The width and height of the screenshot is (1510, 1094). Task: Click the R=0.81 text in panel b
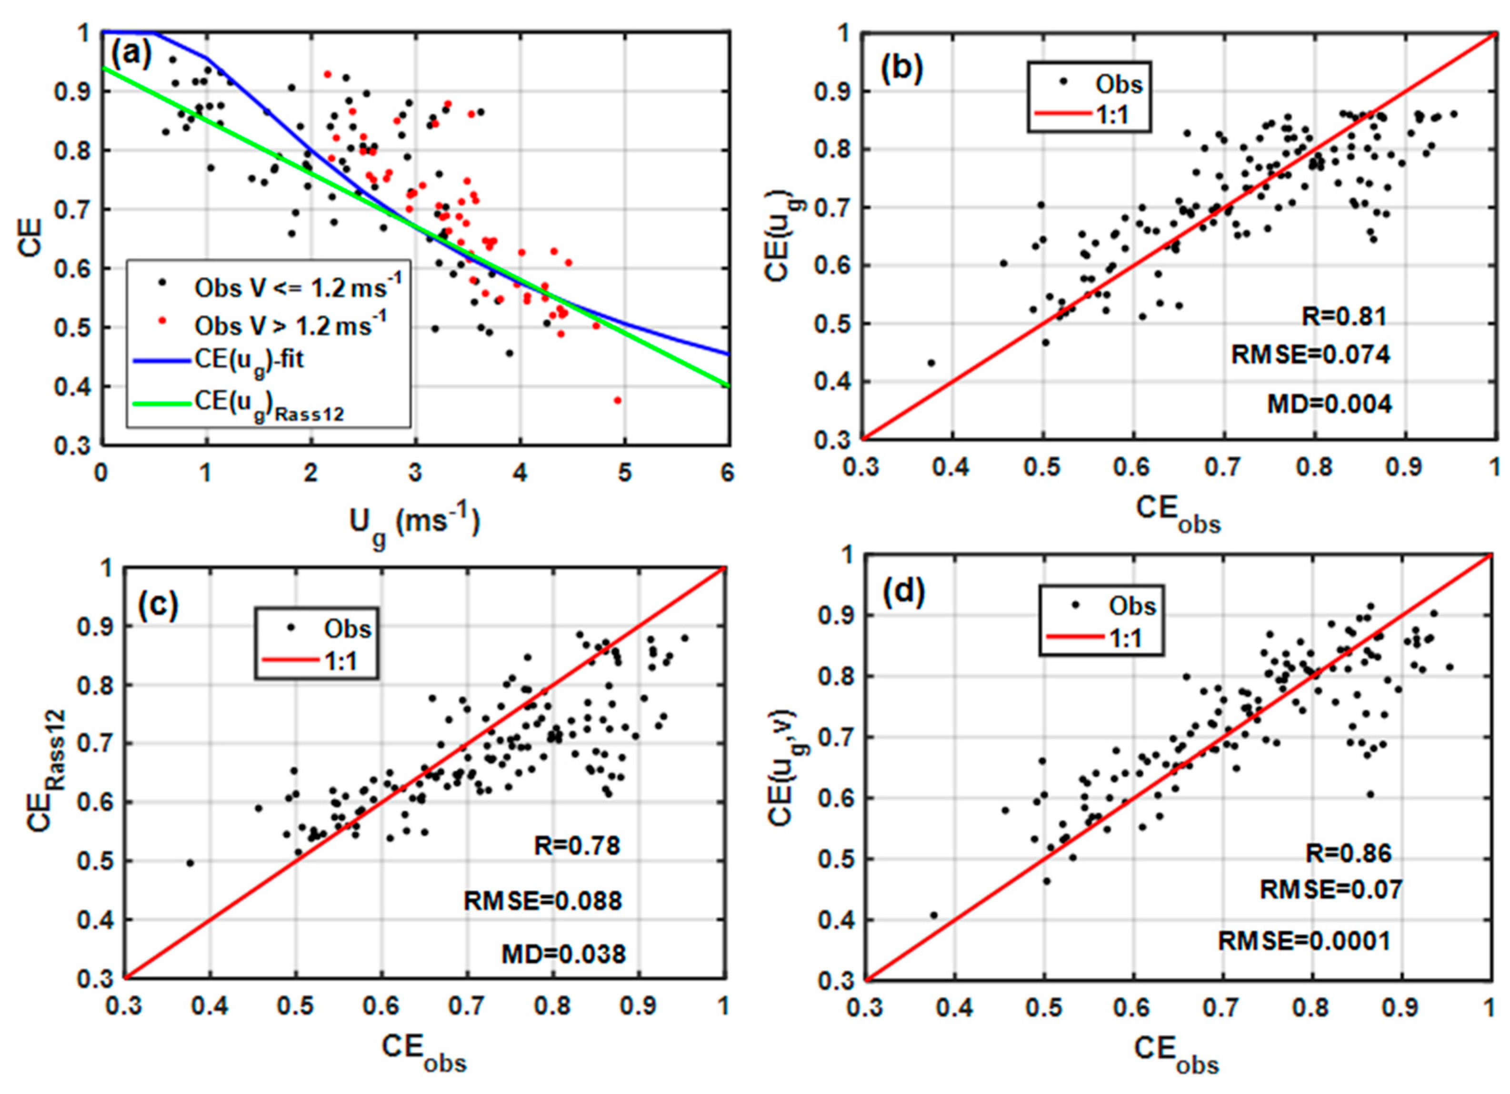click(x=1343, y=316)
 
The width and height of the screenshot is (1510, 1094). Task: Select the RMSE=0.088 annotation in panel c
click(x=542, y=901)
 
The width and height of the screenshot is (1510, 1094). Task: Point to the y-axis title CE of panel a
click(x=31, y=237)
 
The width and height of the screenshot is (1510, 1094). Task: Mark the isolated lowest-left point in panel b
click(x=931, y=363)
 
